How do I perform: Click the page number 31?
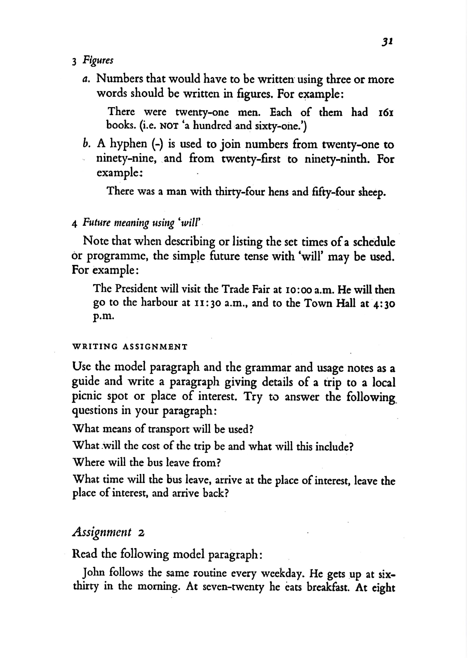pyautogui.click(x=387, y=42)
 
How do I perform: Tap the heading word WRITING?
pyautogui.click(x=95, y=347)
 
